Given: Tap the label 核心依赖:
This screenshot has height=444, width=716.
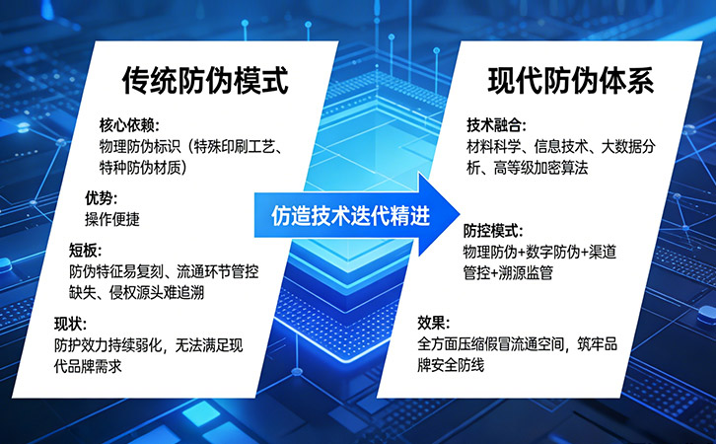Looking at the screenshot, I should (129, 124).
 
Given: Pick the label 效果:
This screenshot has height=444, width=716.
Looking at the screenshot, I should (434, 323).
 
